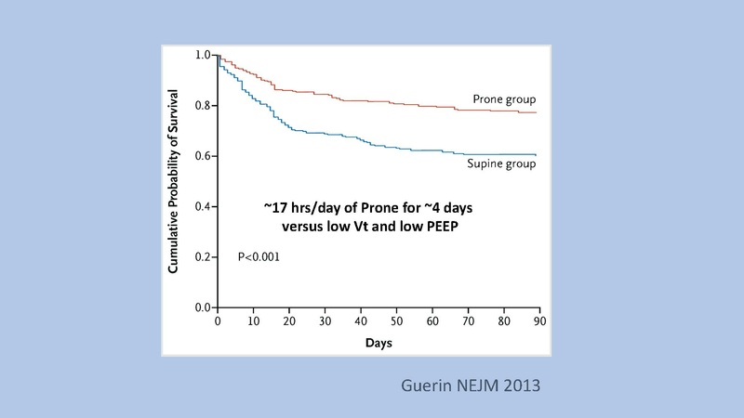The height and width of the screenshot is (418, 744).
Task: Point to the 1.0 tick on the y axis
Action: click(202, 56)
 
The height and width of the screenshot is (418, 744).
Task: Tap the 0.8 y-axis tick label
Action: click(202, 106)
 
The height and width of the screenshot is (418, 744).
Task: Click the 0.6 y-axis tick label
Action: click(202, 156)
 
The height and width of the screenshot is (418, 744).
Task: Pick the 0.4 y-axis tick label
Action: click(202, 206)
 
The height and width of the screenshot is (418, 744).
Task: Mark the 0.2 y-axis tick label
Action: click(202, 256)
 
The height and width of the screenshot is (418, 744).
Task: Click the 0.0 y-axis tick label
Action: click(202, 307)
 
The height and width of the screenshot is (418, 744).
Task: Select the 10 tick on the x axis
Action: click(252, 320)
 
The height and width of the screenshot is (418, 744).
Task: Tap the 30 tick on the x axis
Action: click(324, 320)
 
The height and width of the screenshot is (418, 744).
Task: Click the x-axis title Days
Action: click(378, 343)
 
